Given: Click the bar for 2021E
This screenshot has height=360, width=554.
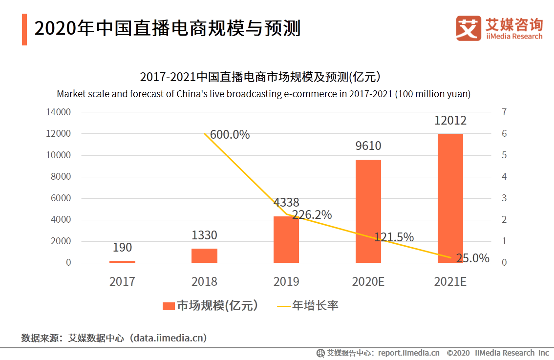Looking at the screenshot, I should coord(450,198).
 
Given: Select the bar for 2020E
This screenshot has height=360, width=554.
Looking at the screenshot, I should coord(368,211).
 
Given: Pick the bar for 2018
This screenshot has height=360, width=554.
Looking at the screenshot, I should coord(204,255).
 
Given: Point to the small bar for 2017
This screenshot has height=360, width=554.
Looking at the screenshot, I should coord(122,261).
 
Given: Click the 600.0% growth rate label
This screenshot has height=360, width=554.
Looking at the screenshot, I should coord(230,135).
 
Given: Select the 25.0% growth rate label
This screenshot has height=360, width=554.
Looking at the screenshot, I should coord(472,258).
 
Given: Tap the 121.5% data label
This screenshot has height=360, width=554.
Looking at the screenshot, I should coord(394,237).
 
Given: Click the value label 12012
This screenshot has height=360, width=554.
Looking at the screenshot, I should coord(450,121).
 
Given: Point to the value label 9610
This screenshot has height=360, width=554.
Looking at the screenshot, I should coord(368,146).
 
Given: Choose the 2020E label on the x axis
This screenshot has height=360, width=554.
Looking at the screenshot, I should coord(368,282).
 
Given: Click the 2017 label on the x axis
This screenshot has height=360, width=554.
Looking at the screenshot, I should coord(122,282).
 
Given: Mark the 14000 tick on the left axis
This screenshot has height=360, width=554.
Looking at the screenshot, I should coord(58,112).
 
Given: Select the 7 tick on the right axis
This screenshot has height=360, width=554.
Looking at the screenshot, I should coord(504,112).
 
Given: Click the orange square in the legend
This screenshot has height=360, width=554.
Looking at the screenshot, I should coord(169,306).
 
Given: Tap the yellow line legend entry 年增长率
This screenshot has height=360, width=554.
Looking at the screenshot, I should coord(308,306).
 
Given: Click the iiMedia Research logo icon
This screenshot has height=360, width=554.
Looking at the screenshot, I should coord(469,28).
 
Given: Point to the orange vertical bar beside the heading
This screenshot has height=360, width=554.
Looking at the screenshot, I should coord(24,29).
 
